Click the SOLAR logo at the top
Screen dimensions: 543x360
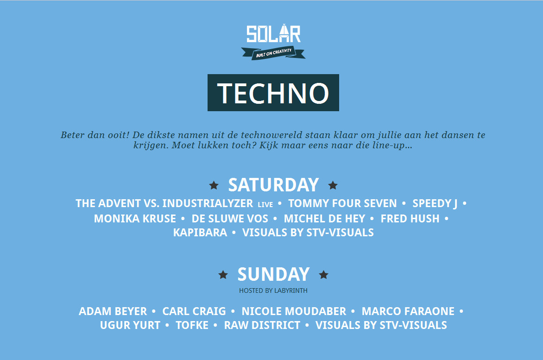point(273,33)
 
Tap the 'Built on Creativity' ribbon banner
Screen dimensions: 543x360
point(273,53)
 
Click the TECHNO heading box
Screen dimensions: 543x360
point(273,93)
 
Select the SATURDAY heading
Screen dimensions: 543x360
point(273,185)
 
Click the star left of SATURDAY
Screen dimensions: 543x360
point(214,185)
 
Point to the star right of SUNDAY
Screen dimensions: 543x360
point(324,275)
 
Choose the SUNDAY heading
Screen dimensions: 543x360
point(273,274)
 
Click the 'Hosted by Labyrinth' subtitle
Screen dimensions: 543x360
point(273,291)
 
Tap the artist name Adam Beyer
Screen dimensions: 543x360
point(113,311)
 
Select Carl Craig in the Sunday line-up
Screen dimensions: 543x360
point(194,311)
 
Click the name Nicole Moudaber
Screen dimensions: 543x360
point(294,311)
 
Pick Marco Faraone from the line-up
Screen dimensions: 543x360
point(408,311)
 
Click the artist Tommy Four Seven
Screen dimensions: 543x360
point(342,203)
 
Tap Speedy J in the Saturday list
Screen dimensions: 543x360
point(435,203)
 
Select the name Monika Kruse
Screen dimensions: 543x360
point(135,219)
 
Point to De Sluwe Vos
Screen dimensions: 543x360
point(230,219)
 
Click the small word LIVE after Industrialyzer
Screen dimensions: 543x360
point(265,205)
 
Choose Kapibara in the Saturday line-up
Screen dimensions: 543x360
point(200,233)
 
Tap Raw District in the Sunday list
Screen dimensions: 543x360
point(262,325)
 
